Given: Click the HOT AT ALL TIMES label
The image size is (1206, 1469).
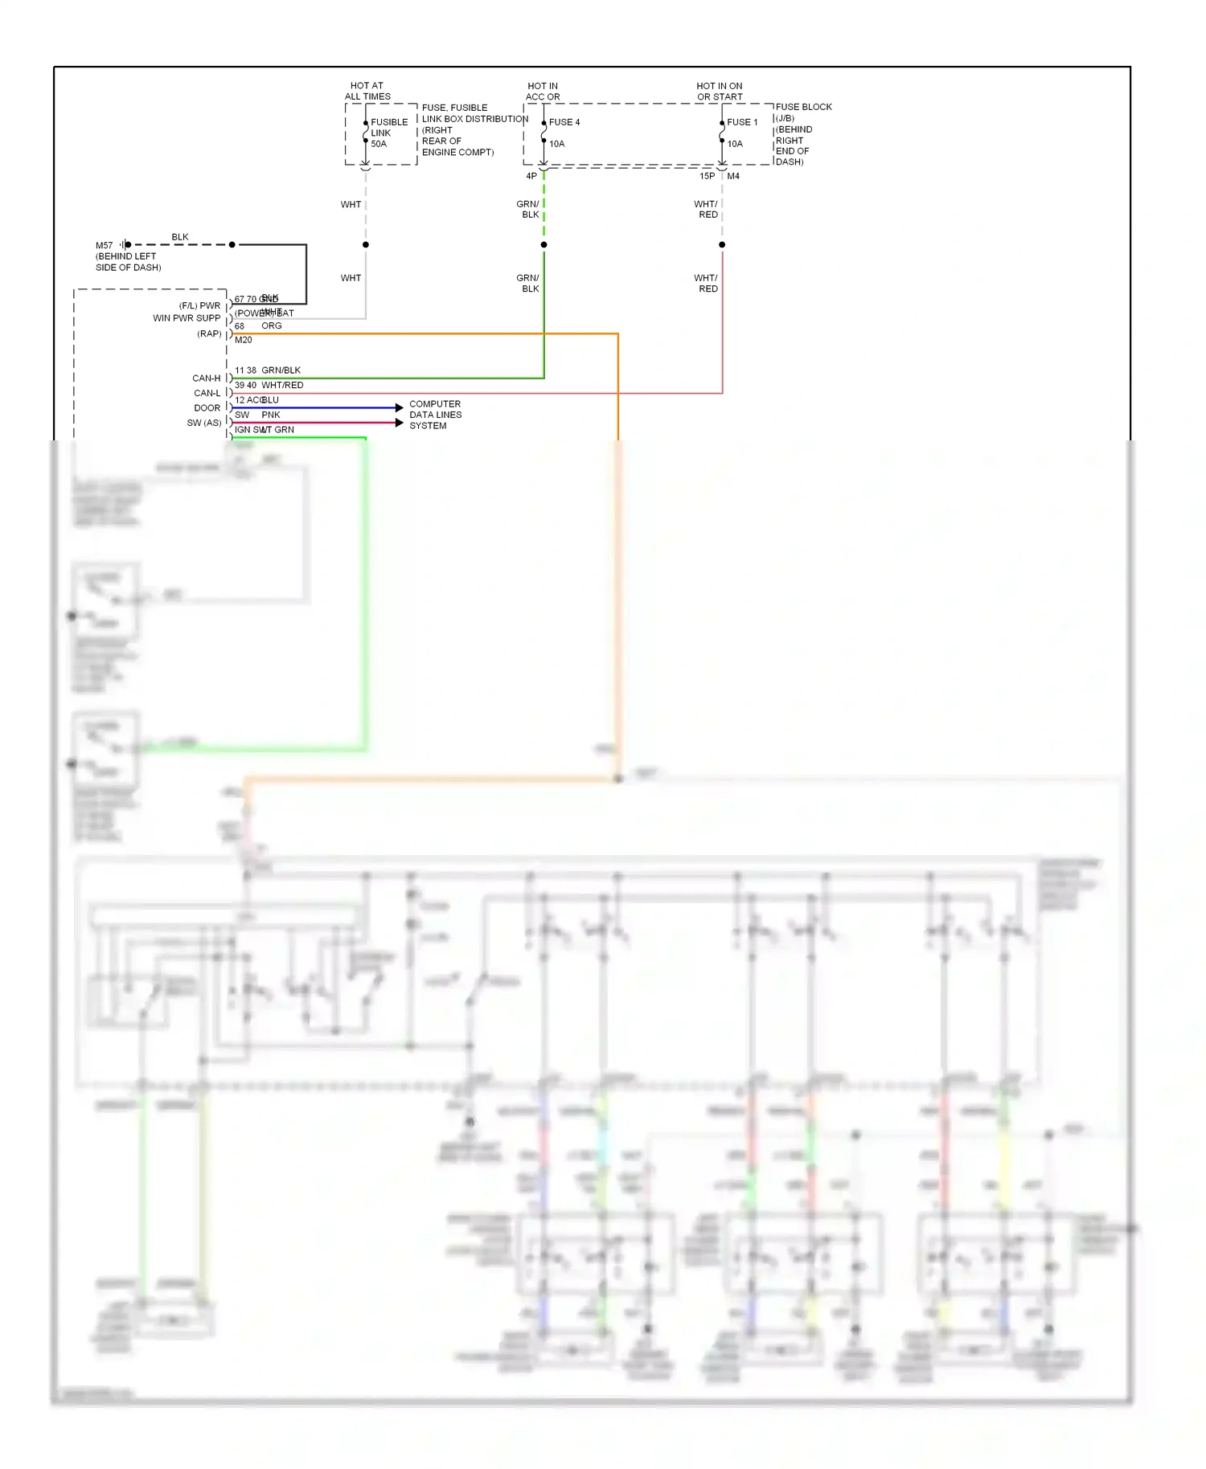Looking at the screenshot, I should (x=367, y=91).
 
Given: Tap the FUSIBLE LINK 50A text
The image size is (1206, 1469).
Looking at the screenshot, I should (x=388, y=133).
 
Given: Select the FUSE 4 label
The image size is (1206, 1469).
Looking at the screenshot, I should (x=564, y=122).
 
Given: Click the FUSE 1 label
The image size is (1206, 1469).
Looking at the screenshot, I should (x=742, y=122).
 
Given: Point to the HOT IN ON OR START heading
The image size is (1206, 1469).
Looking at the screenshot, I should (x=720, y=91).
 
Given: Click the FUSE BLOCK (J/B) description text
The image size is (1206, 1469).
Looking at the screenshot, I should (x=802, y=134).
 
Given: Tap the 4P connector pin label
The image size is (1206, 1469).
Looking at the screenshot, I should (x=531, y=176).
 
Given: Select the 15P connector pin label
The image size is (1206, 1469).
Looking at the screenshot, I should (x=707, y=176).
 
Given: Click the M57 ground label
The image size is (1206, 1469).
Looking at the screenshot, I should (x=105, y=245).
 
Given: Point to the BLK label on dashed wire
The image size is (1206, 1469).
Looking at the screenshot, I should (x=180, y=237).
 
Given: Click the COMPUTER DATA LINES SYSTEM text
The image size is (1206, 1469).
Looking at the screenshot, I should (x=435, y=415).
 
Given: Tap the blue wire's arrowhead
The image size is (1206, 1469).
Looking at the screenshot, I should (x=400, y=407).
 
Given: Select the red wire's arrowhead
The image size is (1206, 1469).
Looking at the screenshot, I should (x=400, y=423).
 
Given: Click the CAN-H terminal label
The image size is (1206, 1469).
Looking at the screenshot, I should (x=206, y=378).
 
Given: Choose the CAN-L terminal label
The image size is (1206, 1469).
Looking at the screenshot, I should (x=207, y=393).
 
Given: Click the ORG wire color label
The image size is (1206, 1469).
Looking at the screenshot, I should (x=272, y=325).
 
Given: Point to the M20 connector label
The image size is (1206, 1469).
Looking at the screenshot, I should (x=243, y=340).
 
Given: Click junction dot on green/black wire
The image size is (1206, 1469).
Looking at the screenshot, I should (x=544, y=244).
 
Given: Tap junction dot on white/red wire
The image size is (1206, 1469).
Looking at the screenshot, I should (x=722, y=244).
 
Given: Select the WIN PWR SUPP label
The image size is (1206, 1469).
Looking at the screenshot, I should (x=187, y=318).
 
